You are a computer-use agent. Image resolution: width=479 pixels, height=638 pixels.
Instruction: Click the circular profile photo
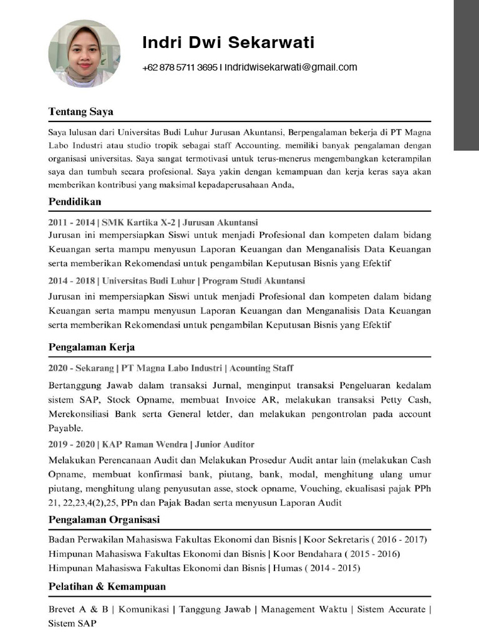click(x=84, y=54)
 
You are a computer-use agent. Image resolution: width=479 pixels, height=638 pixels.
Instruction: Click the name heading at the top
click(x=228, y=43)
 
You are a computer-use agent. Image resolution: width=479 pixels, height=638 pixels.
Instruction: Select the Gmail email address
click(x=291, y=68)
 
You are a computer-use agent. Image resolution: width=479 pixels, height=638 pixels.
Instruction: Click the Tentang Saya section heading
click(x=81, y=112)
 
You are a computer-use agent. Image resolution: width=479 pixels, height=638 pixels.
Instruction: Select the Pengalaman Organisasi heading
click(x=104, y=520)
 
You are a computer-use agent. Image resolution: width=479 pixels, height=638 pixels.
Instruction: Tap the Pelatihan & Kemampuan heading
click(x=107, y=587)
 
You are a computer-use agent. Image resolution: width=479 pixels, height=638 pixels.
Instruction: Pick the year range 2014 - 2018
click(x=72, y=281)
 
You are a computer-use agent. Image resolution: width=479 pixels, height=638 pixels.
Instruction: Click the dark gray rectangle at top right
click(x=466, y=75)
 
